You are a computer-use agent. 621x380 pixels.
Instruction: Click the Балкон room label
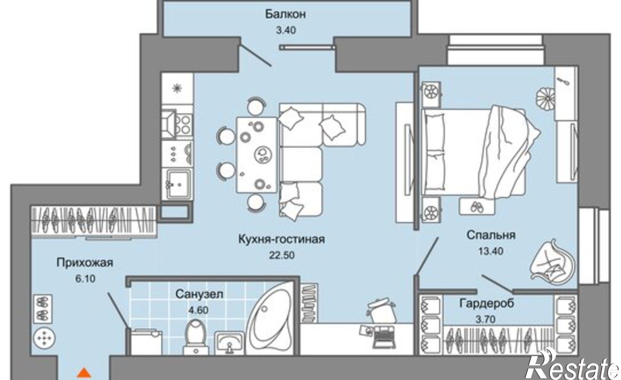tap(285, 14)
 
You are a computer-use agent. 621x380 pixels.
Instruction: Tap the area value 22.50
tap(282, 255)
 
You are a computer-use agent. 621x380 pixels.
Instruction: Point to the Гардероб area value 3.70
tap(486, 319)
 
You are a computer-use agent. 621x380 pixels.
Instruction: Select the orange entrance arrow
tap(83, 373)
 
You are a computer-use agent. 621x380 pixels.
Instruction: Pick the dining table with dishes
tap(256, 154)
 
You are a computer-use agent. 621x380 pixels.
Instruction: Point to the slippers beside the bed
tap(476, 207)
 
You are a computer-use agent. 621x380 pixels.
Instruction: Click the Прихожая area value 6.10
tap(85, 279)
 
